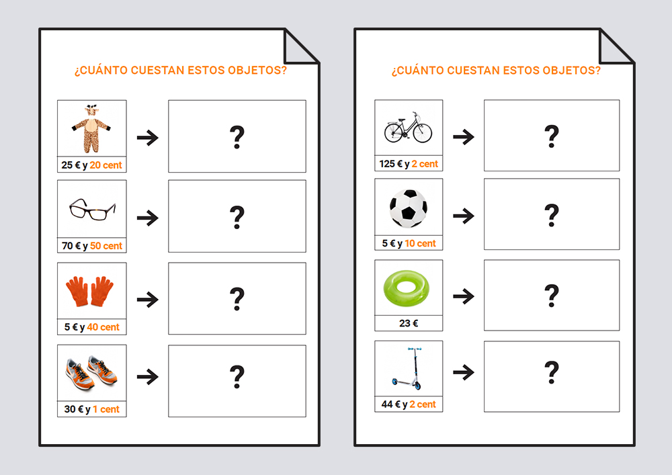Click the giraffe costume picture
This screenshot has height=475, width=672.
click(91, 128)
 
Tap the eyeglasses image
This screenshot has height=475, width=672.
click(93, 210)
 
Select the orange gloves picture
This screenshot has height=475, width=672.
click(89, 292)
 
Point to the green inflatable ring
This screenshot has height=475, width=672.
click(406, 288)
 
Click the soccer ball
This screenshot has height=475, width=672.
click(409, 208)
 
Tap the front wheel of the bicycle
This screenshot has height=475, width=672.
click(423, 133)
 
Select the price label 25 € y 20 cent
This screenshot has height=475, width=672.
click(91, 165)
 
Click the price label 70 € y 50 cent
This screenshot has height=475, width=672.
click(91, 246)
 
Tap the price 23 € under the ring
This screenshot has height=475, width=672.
click(409, 323)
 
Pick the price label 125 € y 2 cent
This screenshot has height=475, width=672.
click(409, 164)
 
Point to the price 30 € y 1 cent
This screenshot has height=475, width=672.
click(91, 409)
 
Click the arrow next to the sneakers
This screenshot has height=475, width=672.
click(148, 377)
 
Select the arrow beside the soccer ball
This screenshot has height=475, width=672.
click(464, 216)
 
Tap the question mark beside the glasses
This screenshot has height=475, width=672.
click(237, 217)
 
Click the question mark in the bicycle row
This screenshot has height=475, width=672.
click(552, 136)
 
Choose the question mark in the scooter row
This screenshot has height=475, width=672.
click(552, 372)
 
